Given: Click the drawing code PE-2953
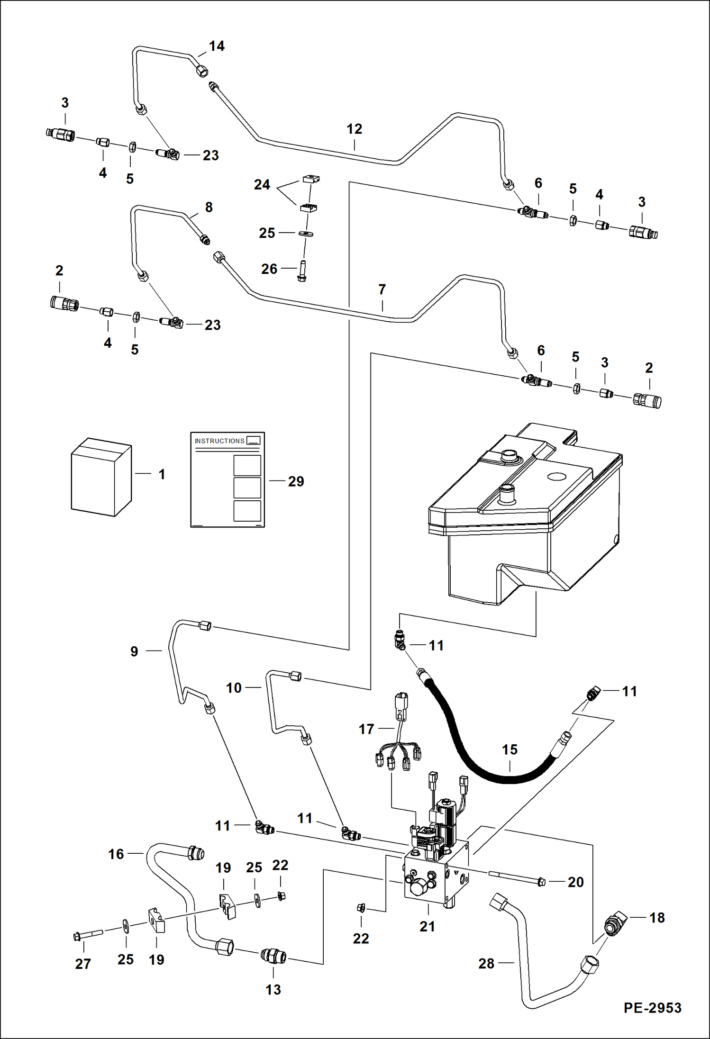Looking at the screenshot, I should pyautogui.click(x=652, y=1008).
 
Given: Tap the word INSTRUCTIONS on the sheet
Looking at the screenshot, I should pyautogui.click(x=219, y=441).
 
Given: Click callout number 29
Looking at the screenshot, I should pyautogui.click(x=296, y=481).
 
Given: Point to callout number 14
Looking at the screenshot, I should pyautogui.click(x=217, y=46).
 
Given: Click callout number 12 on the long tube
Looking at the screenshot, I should pyautogui.click(x=354, y=129).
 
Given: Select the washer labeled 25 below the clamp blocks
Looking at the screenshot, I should pyautogui.click(x=306, y=234).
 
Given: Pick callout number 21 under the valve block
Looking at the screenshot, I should pyautogui.click(x=427, y=926).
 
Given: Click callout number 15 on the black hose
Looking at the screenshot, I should pyautogui.click(x=510, y=750).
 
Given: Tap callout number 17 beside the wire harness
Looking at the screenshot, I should pyautogui.click(x=366, y=729).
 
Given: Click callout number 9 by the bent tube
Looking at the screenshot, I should pyautogui.click(x=134, y=651).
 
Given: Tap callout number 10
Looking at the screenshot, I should pyautogui.click(x=234, y=687).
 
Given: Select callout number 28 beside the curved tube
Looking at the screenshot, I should pyautogui.click(x=486, y=963).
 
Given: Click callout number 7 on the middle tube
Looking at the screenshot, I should pyautogui.click(x=382, y=289).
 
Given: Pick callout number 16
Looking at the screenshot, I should pyautogui.click(x=116, y=854).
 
